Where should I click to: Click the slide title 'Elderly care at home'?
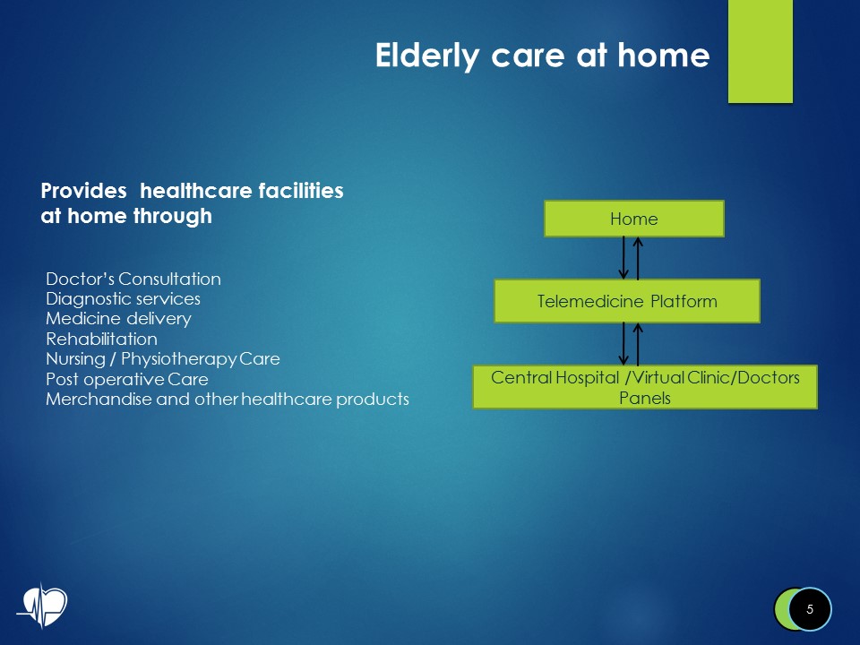(x=542, y=56)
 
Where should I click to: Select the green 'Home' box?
(x=633, y=219)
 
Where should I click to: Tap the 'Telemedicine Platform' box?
(x=627, y=301)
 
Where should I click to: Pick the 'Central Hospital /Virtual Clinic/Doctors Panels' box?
(x=645, y=387)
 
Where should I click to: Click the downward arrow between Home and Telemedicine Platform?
(x=623, y=258)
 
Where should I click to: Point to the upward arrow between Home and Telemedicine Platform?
(x=638, y=258)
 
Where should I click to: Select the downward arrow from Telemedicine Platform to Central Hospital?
(x=623, y=344)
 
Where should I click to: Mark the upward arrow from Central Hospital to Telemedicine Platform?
(x=638, y=344)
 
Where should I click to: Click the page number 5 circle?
(x=810, y=609)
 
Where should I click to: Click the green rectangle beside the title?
(x=760, y=51)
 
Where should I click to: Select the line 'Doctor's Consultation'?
(x=133, y=279)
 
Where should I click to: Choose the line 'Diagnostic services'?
(x=123, y=298)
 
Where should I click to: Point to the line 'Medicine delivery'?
(x=118, y=318)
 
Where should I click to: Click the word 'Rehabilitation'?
(x=101, y=339)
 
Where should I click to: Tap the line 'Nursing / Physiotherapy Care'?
(x=162, y=358)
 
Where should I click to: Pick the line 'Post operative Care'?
(x=126, y=379)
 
